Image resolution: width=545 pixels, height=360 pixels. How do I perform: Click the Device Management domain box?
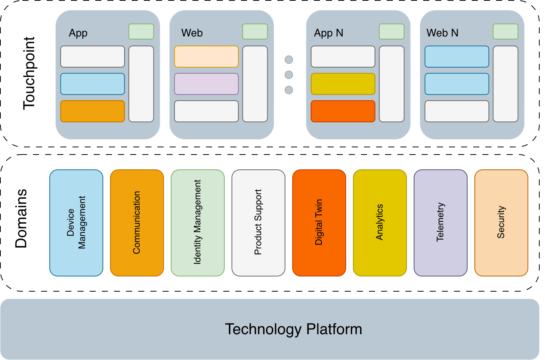(x=76, y=223)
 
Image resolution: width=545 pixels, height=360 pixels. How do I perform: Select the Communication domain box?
(x=137, y=223)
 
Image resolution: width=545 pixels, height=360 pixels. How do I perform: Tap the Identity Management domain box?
(x=198, y=223)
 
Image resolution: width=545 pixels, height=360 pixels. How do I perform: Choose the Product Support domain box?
(x=258, y=223)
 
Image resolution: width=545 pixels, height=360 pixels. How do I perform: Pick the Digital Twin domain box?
(x=319, y=223)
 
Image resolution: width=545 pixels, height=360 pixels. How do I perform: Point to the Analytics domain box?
(x=380, y=223)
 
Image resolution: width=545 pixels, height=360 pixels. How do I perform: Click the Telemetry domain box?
(x=441, y=223)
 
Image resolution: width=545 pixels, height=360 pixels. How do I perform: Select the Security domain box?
(x=501, y=223)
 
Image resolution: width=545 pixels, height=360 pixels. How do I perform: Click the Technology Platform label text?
(x=293, y=329)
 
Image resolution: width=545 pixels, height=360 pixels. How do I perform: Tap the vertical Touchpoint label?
(x=29, y=73)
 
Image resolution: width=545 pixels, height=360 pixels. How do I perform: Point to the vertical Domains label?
(x=21, y=218)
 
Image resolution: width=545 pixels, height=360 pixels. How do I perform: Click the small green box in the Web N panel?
(x=506, y=32)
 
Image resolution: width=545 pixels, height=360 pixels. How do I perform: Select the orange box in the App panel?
(x=93, y=111)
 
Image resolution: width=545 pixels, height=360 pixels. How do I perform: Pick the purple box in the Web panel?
(x=206, y=84)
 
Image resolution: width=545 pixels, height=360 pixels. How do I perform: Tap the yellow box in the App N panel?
(x=343, y=84)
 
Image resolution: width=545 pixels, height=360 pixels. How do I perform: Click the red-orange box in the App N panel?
(x=343, y=111)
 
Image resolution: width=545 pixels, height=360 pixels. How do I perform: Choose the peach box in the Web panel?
(x=206, y=57)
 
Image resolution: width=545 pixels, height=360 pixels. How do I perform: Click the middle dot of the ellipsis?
(x=289, y=75)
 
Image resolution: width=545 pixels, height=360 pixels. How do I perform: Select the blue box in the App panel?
(x=93, y=84)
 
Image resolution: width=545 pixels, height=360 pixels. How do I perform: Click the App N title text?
(x=328, y=33)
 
